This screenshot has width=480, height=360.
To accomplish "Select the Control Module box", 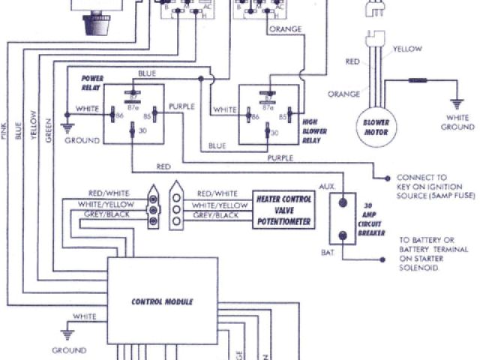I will [162, 301].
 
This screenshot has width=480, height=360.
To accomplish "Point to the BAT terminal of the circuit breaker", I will [344, 235].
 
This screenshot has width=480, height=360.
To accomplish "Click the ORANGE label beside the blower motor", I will [343, 94].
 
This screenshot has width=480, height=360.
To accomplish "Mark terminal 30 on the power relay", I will [132, 131].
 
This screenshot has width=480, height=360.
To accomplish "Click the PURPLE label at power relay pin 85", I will [183, 107].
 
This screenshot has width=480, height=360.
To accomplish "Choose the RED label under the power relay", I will [163, 166].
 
